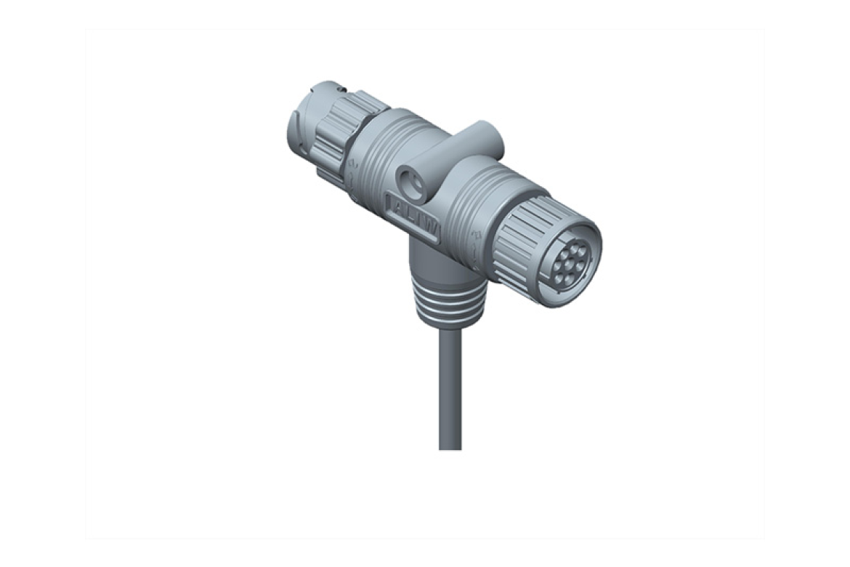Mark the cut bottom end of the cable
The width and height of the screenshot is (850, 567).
point(450,447)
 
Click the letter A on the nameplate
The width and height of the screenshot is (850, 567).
point(398,206)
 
